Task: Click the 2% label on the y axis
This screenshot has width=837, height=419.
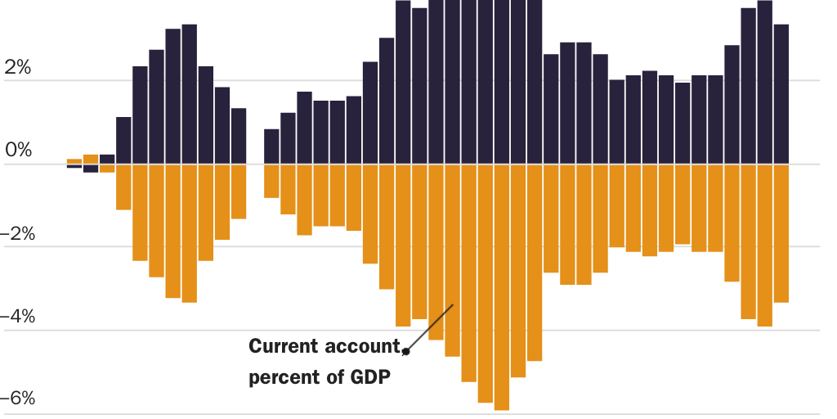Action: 17,69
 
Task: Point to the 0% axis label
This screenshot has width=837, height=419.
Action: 17,151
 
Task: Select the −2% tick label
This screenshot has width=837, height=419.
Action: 17,235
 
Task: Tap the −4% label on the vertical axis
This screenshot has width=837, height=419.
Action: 17,318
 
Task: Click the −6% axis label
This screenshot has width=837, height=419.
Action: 17,400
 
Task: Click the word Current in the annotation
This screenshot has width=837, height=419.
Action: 282,346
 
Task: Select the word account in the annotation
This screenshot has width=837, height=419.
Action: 360,346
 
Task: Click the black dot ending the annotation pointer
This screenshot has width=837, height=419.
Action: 405,352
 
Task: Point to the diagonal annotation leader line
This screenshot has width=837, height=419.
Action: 430,327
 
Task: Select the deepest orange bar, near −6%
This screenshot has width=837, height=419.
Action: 502,286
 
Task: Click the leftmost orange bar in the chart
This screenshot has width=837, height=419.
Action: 74,161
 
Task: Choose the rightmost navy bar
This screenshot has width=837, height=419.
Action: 781,94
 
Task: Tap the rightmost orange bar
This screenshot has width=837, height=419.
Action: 781,233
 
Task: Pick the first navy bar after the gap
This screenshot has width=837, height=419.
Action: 271,146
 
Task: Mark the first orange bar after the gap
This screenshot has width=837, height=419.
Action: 271,181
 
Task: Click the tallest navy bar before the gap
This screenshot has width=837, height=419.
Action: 190,94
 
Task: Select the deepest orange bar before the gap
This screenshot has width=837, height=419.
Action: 190,233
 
